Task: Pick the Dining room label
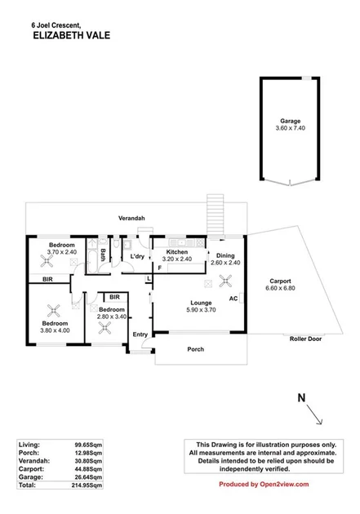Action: coord(225,255)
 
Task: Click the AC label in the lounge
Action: coord(233,299)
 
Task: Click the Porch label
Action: coord(194,350)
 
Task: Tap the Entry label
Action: coord(140,334)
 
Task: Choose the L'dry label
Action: coord(137,257)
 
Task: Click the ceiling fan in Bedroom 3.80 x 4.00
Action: coord(56,309)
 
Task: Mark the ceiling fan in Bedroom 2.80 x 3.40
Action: coord(104,327)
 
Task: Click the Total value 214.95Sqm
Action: coord(87,485)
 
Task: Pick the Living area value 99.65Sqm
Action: coord(88,443)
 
